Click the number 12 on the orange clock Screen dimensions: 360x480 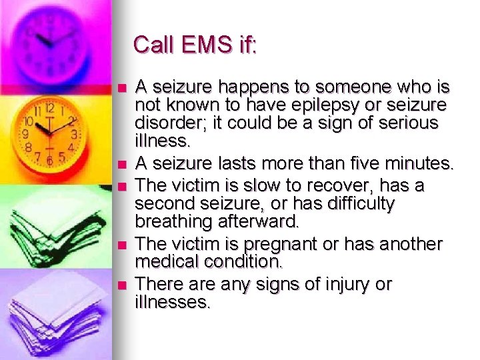pyautogui.click(x=49, y=107)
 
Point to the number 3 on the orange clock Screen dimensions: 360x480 pyautogui.click(x=75, y=134)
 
